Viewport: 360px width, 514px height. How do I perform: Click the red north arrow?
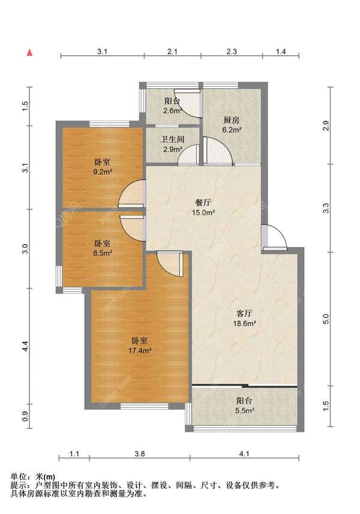click(30, 52)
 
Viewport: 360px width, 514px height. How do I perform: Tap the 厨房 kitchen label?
click(232, 120)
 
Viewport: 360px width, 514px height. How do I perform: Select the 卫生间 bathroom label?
click(172, 139)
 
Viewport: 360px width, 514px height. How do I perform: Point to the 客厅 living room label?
click(244, 314)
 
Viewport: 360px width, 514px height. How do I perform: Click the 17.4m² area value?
click(140, 351)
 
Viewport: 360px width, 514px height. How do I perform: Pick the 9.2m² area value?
click(103, 172)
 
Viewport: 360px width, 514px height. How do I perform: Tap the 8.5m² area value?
click(103, 253)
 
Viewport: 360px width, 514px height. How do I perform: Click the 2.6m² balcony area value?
click(173, 110)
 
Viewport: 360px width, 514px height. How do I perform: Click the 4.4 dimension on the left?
click(26, 346)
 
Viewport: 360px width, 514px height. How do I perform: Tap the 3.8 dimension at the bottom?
click(140, 454)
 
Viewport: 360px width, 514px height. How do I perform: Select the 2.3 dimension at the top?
click(232, 52)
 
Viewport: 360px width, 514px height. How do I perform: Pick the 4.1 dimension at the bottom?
click(244, 454)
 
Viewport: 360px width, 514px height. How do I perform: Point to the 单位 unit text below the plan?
click(18, 477)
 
